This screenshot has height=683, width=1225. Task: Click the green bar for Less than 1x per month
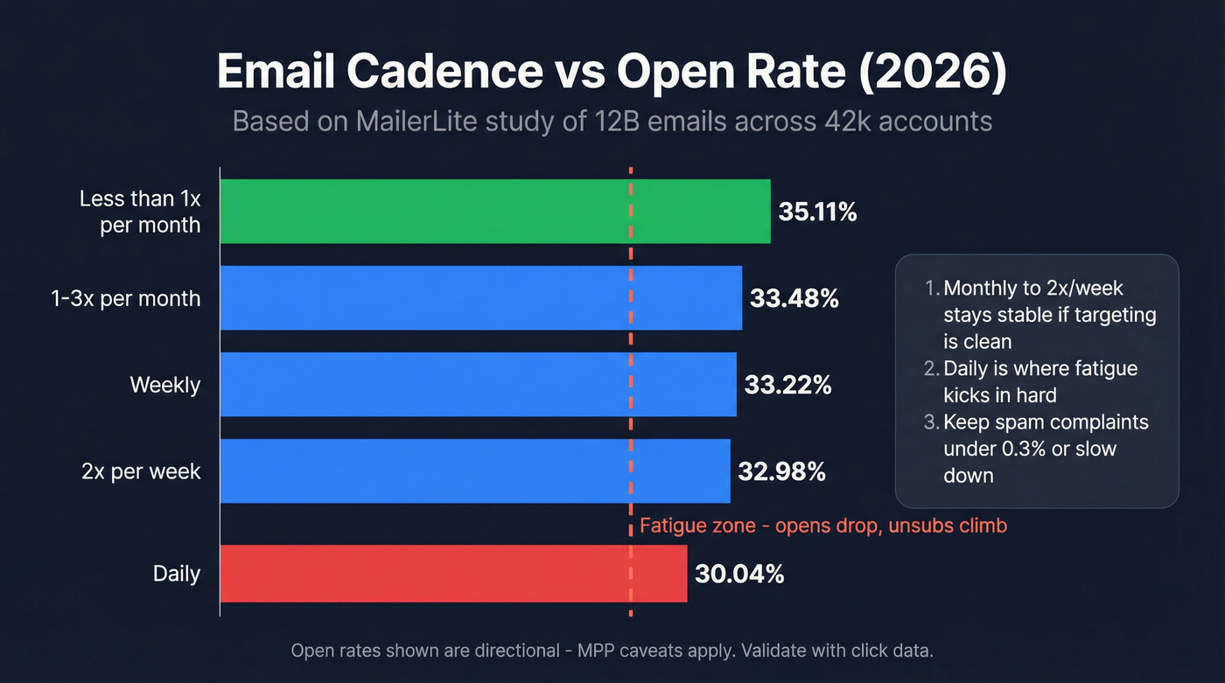click(494, 211)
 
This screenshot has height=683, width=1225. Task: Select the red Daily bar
click(453, 574)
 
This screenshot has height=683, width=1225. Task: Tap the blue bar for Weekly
click(478, 384)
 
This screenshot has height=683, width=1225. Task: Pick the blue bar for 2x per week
click(474, 471)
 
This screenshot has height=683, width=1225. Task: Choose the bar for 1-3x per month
click(480, 298)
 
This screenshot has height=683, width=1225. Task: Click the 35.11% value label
click(817, 212)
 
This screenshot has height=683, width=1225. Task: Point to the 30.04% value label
click(739, 575)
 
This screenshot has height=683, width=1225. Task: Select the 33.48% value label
click(794, 299)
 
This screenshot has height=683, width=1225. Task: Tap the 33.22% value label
click(787, 385)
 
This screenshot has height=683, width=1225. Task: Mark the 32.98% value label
click(781, 472)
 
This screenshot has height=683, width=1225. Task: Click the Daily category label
click(177, 575)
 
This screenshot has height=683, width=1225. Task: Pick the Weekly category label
click(165, 385)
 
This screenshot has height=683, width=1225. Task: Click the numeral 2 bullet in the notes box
click(931, 368)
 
